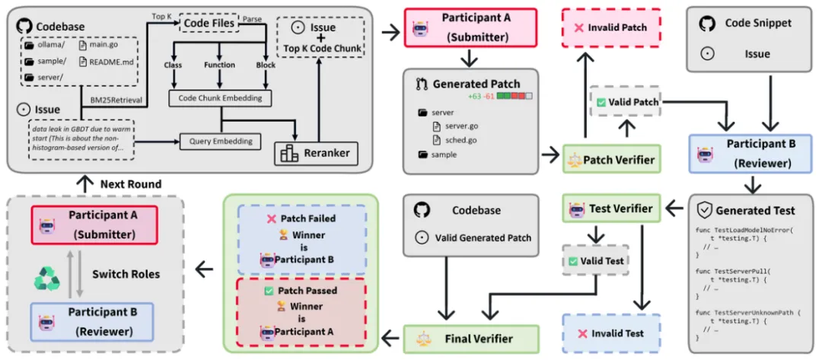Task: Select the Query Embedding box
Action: [220, 141]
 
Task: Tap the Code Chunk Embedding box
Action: [220, 98]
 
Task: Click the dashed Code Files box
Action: [208, 24]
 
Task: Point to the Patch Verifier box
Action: [612, 160]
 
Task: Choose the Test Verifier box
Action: [612, 208]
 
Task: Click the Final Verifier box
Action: [471, 337]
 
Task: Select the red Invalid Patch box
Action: [611, 27]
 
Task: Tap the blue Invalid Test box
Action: [611, 333]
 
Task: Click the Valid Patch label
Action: [627, 101]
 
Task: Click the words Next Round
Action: [130, 184]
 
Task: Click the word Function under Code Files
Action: [220, 65]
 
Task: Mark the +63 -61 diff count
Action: [483, 96]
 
